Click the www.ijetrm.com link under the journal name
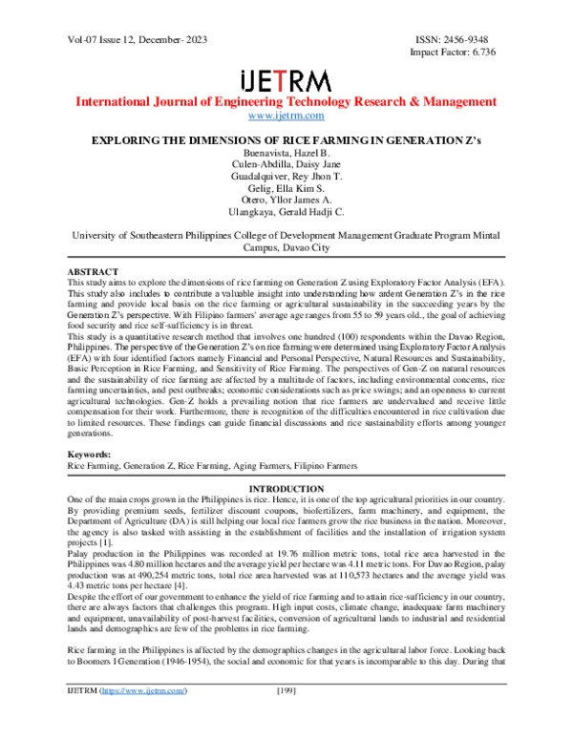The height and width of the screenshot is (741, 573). click(286, 116)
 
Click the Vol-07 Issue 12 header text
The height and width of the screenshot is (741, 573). click(125, 40)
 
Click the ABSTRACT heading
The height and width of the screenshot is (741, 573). click(91, 271)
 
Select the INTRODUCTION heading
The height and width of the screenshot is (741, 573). click(286, 489)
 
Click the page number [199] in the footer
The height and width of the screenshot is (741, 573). click(286, 716)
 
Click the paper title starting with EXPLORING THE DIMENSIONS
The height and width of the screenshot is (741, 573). click(286, 139)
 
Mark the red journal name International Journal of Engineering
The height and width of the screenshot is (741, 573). click(286, 101)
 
